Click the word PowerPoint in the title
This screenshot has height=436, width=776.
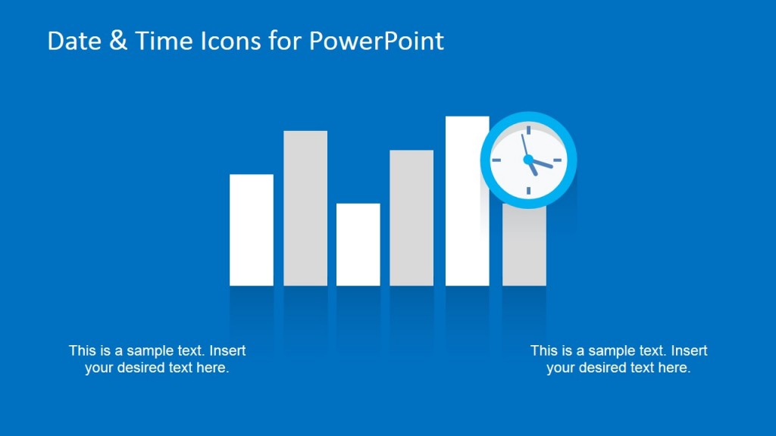point(376,41)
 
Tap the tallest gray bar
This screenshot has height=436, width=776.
point(305,208)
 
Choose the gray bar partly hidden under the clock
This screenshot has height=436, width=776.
point(524,250)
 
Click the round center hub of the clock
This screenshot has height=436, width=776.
point(528,160)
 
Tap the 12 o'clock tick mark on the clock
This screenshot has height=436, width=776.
point(528,130)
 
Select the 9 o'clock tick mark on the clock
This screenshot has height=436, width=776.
point(498,160)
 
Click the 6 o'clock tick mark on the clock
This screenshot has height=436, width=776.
point(528,190)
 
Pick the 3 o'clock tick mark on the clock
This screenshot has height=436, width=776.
point(559,160)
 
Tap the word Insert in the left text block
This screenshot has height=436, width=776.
point(227,350)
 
